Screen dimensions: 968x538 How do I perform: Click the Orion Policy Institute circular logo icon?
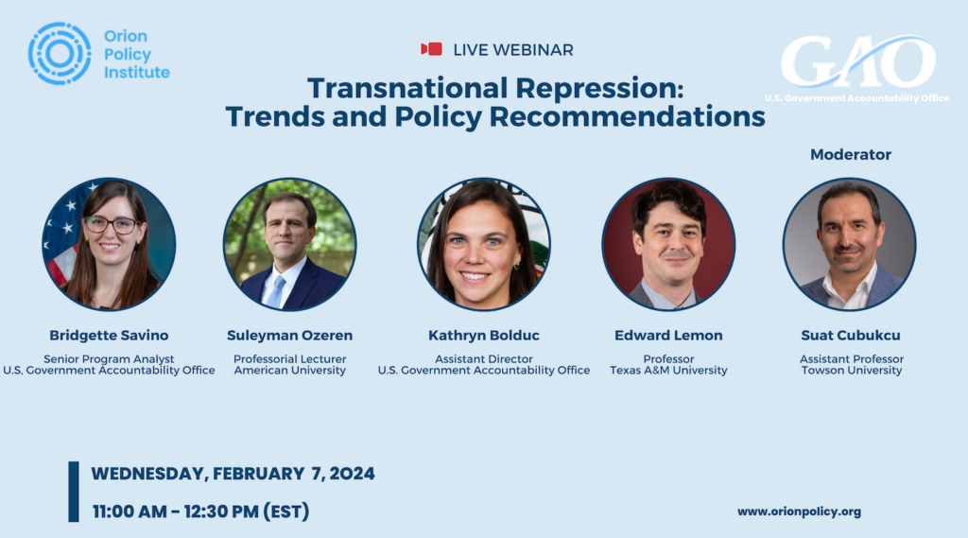click(x=60, y=54)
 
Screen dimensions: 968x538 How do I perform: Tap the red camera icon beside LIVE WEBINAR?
click(x=431, y=49)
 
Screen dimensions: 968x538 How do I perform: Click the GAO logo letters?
click(x=858, y=62)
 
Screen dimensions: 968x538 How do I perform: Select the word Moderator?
click(x=851, y=154)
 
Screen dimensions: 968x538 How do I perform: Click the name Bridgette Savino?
click(x=109, y=336)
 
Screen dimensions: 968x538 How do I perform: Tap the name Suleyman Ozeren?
click(x=289, y=336)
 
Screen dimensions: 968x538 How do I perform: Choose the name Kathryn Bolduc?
click(x=484, y=336)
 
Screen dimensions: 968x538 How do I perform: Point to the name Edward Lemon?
click(x=668, y=336)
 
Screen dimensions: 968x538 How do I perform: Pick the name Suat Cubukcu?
click(x=851, y=336)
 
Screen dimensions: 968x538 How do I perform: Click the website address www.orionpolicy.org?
click(x=800, y=512)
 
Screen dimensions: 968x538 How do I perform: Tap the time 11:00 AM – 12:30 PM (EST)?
click(x=200, y=512)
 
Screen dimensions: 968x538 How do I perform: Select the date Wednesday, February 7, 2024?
click(x=233, y=474)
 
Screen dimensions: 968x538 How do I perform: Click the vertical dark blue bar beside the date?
click(x=74, y=492)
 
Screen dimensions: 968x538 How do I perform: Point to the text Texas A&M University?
click(x=668, y=371)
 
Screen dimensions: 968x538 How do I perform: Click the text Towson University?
click(x=852, y=371)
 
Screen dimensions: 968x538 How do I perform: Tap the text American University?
click(x=289, y=371)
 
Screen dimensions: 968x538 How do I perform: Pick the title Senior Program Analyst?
click(x=109, y=359)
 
